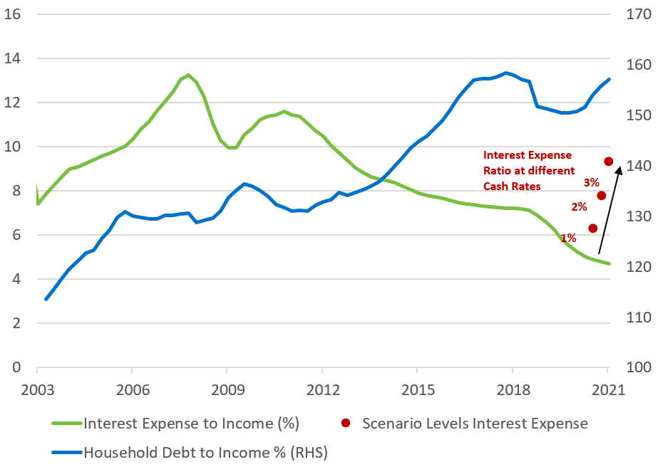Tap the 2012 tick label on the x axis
[x=322, y=390]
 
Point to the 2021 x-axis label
[x=608, y=390]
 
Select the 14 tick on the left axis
[x=13, y=58]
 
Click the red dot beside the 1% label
[x=592, y=228]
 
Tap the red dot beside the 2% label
[x=601, y=196]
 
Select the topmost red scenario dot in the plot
[x=609, y=162]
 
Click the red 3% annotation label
[x=591, y=182]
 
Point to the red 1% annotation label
[x=568, y=238]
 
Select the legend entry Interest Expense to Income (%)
[x=191, y=424]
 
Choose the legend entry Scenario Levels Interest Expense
[x=475, y=424]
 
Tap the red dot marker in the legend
[x=346, y=424]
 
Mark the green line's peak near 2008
[x=188, y=75]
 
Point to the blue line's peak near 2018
[x=505, y=73]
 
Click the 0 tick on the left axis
[x=16, y=368]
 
